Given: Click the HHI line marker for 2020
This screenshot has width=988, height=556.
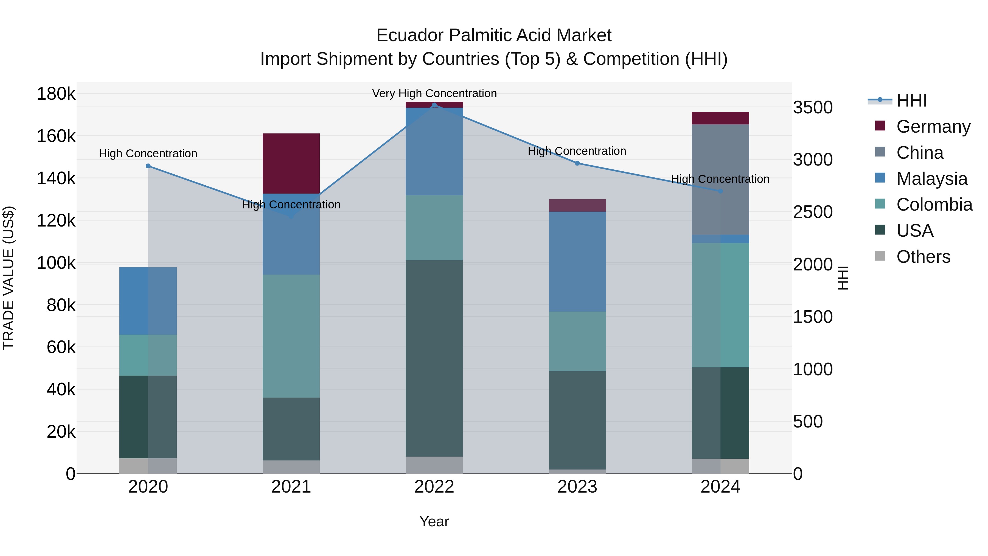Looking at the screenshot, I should (148, 166).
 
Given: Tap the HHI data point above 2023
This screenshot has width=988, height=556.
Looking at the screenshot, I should (577, 163).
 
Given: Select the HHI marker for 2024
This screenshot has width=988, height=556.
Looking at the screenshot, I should (720, 191).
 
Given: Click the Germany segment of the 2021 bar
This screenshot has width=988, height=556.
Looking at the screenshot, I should (291, 163).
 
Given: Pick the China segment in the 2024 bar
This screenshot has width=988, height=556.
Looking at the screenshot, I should (720, 180).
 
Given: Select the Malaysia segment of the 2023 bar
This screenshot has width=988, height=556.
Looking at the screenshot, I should (577, 262).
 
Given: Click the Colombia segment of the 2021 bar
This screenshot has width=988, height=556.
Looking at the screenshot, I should (291, 336).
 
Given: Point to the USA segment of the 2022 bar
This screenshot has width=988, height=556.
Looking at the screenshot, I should (434, 358).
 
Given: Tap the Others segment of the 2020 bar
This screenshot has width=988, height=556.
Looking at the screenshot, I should (148, 466).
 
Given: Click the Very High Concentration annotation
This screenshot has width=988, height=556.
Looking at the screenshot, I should (434, 93).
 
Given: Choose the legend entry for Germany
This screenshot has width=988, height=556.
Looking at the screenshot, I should (933, 127).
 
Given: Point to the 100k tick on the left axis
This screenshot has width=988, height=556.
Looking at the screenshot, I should (56, 263).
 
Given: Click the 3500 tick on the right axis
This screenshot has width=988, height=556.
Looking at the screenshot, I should (813, 107).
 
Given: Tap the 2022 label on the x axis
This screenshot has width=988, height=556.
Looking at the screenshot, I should (434, 487).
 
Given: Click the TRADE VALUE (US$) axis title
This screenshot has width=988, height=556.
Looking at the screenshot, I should (9, 278).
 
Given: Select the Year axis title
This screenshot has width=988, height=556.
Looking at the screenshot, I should (434, 521).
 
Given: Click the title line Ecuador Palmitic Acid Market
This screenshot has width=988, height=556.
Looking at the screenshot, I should (494, 35).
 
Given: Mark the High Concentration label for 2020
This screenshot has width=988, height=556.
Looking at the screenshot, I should (148, 153).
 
